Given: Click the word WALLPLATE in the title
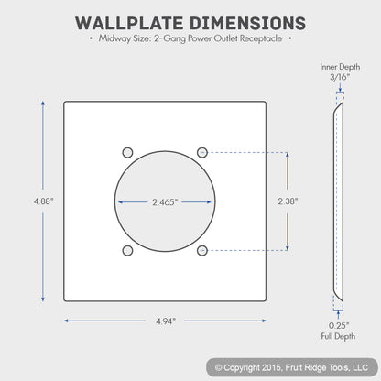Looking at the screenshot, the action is (x=129, y=23).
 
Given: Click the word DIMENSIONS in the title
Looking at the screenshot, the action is (x=247, y=23).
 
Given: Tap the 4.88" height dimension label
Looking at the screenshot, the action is (x=44, y=201).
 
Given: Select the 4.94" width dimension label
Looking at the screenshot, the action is (x=166, y=321).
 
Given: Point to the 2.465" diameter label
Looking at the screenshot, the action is (x=165, y=202).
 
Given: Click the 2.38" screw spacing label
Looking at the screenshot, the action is (x=288, y=201).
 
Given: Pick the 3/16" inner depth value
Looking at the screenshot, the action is (x=340, y=77).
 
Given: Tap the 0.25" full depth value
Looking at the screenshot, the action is (x=339, y=325).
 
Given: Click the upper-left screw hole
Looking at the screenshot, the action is (x=127, y=152).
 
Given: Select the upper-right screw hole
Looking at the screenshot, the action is (x=202, y=152).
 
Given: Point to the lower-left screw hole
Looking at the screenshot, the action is (x=127, y=251).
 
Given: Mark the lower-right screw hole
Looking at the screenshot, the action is (x=202, y=251).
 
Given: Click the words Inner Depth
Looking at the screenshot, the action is (x=340, y=67).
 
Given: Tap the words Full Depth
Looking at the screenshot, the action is (x=338, y=336).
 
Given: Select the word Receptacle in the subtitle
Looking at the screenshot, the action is (x=261, y=38).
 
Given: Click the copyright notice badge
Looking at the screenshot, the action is (x=292, y=367).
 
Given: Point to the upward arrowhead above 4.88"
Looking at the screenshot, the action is (x=43, y=103).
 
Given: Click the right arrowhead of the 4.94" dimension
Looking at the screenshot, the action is (x=264, y=321).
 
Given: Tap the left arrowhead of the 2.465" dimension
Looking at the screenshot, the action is (x=121, y=201).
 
